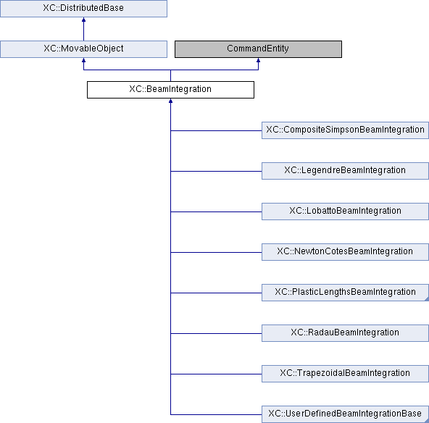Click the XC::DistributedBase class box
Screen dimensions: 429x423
click(83, 9)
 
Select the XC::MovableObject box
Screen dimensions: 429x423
click(83, 49)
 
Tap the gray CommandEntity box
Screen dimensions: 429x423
click(258, 49)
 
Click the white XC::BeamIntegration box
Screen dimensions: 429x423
click(170, 90)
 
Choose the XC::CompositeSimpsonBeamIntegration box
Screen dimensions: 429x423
click(345, 130)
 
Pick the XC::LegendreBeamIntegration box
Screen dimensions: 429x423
click(345, 171)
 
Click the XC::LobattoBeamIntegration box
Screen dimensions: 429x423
click(345, 211)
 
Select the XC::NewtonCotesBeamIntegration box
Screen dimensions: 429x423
click(345, 252)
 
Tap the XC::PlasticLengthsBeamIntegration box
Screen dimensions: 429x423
click(345, 293)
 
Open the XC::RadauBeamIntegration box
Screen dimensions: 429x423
click(345, 333)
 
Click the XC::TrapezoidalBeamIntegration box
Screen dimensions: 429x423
click(345, 374)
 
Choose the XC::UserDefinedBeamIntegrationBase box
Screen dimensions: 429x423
click(345, 414)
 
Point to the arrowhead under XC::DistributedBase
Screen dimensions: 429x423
click(84, 20)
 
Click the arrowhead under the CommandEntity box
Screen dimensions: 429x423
click(258, 60)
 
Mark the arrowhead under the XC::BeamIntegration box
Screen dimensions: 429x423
click(170, 101)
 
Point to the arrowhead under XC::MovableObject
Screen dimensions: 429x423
click(84, 60)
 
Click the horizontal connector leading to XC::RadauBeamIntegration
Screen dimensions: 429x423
click(216, 333)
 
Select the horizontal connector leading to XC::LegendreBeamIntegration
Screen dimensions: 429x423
click(216, 171)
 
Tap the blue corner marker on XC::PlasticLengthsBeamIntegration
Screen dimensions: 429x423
click(427, 299)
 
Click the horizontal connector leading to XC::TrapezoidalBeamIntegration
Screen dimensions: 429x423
click(216, 374)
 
